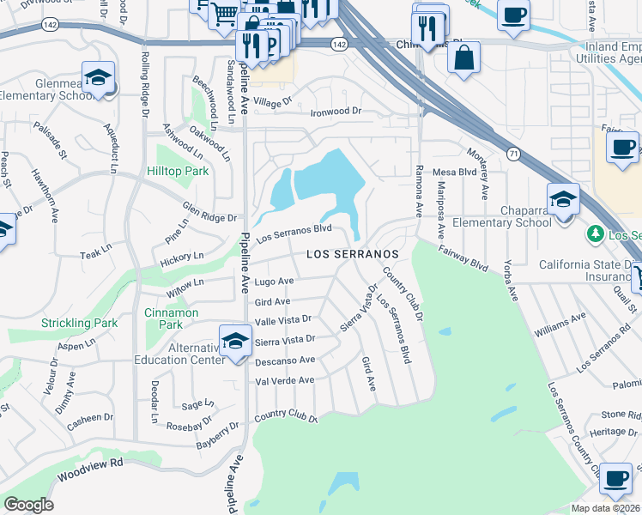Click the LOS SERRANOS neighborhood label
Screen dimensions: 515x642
[354, 255]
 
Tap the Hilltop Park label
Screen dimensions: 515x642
[178, 172]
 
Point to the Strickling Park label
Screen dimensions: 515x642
[79, 324]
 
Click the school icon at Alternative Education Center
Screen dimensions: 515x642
[233, 339]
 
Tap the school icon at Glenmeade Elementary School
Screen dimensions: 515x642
[98, 76]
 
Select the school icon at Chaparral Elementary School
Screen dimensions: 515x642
[563, 199]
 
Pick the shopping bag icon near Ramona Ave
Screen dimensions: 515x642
[463, 58]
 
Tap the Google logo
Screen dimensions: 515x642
[29, 505]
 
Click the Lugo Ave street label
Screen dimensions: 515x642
[275, 282]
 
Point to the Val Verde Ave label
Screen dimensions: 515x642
[285, 380]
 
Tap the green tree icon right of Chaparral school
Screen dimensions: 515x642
[594, 233]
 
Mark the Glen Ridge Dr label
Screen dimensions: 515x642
[209, 212]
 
